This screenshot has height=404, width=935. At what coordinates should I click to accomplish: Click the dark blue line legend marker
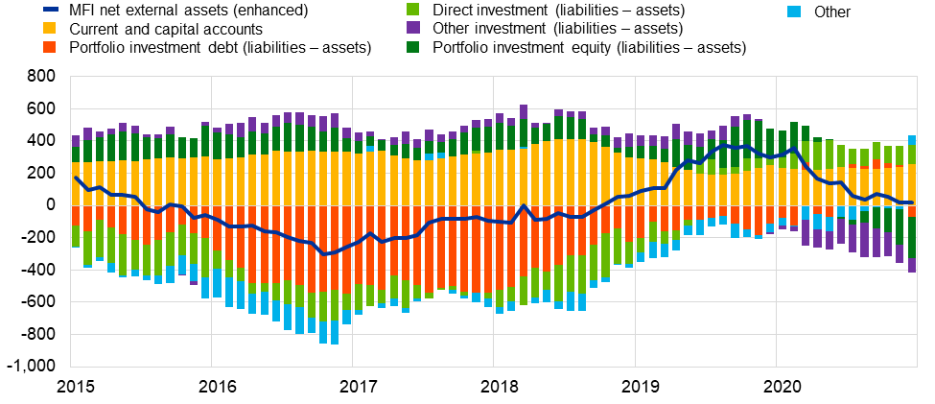coord(50,9)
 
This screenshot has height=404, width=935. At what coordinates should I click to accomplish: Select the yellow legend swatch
coord(49,28)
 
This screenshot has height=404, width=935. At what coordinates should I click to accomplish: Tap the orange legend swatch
coord(49,47)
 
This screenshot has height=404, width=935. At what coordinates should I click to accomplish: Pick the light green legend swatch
coord(412,9)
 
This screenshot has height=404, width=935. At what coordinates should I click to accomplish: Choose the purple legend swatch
coord(412,28)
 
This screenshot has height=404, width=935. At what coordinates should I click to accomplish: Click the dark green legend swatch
coord(412,47)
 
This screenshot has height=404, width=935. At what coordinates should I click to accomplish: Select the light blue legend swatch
coord(794,12)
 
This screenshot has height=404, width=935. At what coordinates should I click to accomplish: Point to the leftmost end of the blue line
coord(75,177)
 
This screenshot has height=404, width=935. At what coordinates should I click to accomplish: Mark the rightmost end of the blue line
coord(912,202)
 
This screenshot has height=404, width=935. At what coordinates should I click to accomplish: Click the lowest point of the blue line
coord(323,254)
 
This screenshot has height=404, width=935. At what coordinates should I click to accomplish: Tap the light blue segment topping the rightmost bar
coord(912,140)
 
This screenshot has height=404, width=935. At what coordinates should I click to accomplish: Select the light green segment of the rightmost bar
coord(912,154)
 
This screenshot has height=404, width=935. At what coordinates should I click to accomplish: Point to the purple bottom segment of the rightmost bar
coord(912,265)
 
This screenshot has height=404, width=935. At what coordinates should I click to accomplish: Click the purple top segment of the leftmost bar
coord(76,141)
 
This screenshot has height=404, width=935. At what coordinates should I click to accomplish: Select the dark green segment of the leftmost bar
coord(76,154)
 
